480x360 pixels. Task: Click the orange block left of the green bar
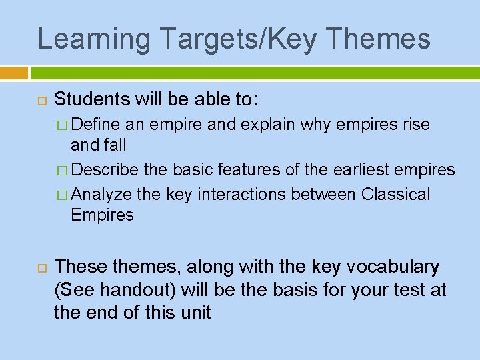click(x=13, y=73)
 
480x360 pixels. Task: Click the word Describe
click(x=105, y=170)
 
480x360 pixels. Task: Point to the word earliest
click(x=362, y=170)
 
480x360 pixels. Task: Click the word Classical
click(x=395, y=194)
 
